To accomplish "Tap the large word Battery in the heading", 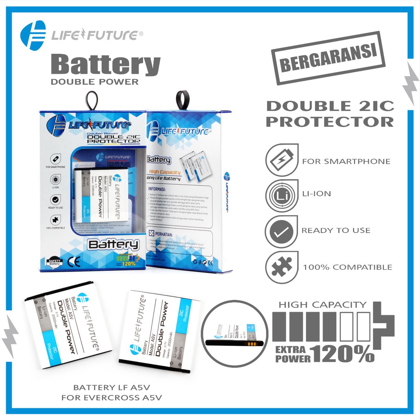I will point(105,64).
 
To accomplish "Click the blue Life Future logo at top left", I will point(33,35).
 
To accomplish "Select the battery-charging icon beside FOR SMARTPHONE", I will point(281,161).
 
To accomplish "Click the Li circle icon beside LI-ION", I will point(281,194).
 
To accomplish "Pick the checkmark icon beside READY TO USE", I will point(281,231).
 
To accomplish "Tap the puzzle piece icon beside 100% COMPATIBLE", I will point(281,267).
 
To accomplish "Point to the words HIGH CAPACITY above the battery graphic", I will point(322,305).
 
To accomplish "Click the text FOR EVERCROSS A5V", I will point(111,397).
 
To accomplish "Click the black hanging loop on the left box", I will point(91,101).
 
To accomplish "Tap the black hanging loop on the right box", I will point(182,100).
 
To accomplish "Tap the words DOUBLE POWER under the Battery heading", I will point(95,82).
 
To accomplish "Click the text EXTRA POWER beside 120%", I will point(290,354).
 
